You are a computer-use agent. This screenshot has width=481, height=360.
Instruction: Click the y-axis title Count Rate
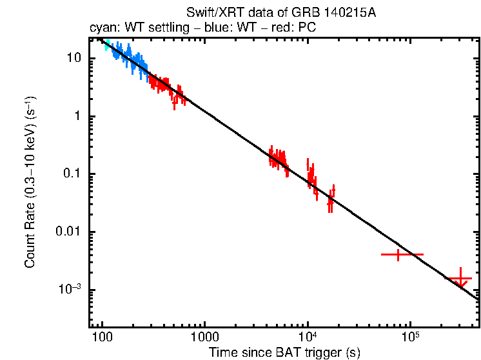[30, 183]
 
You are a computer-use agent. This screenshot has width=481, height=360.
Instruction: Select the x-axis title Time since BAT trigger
[284, 352]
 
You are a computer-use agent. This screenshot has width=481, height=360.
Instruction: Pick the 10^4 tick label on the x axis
[308, 337]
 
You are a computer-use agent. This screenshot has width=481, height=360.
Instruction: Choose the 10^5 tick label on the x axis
[410, 337]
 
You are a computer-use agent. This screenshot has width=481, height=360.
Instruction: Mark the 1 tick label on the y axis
[77, 116]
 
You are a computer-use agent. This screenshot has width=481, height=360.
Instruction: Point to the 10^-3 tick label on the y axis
[70, 290]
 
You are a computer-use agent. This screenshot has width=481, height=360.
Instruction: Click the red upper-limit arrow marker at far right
[460, 280]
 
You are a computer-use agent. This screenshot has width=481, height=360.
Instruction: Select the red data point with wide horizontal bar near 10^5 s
[399, 255]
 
